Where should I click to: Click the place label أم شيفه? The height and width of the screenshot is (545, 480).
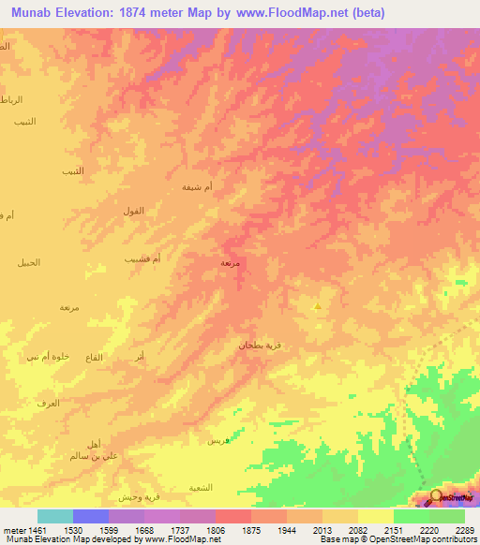tap(197, 187)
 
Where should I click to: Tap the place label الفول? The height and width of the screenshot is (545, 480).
tap(133, 212)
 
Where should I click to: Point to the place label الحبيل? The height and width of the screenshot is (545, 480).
tap(29, 262)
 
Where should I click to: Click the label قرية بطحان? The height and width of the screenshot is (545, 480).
tap(258, 346)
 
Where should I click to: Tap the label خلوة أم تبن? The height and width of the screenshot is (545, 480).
tap(46, 357)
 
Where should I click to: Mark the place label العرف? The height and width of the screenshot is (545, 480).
tap(47, 403)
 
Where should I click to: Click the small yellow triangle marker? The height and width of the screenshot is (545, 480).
tap(318, 305)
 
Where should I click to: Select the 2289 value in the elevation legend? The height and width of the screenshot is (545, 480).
tap(464, 527)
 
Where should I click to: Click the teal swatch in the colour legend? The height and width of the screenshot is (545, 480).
tap(54, 516)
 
